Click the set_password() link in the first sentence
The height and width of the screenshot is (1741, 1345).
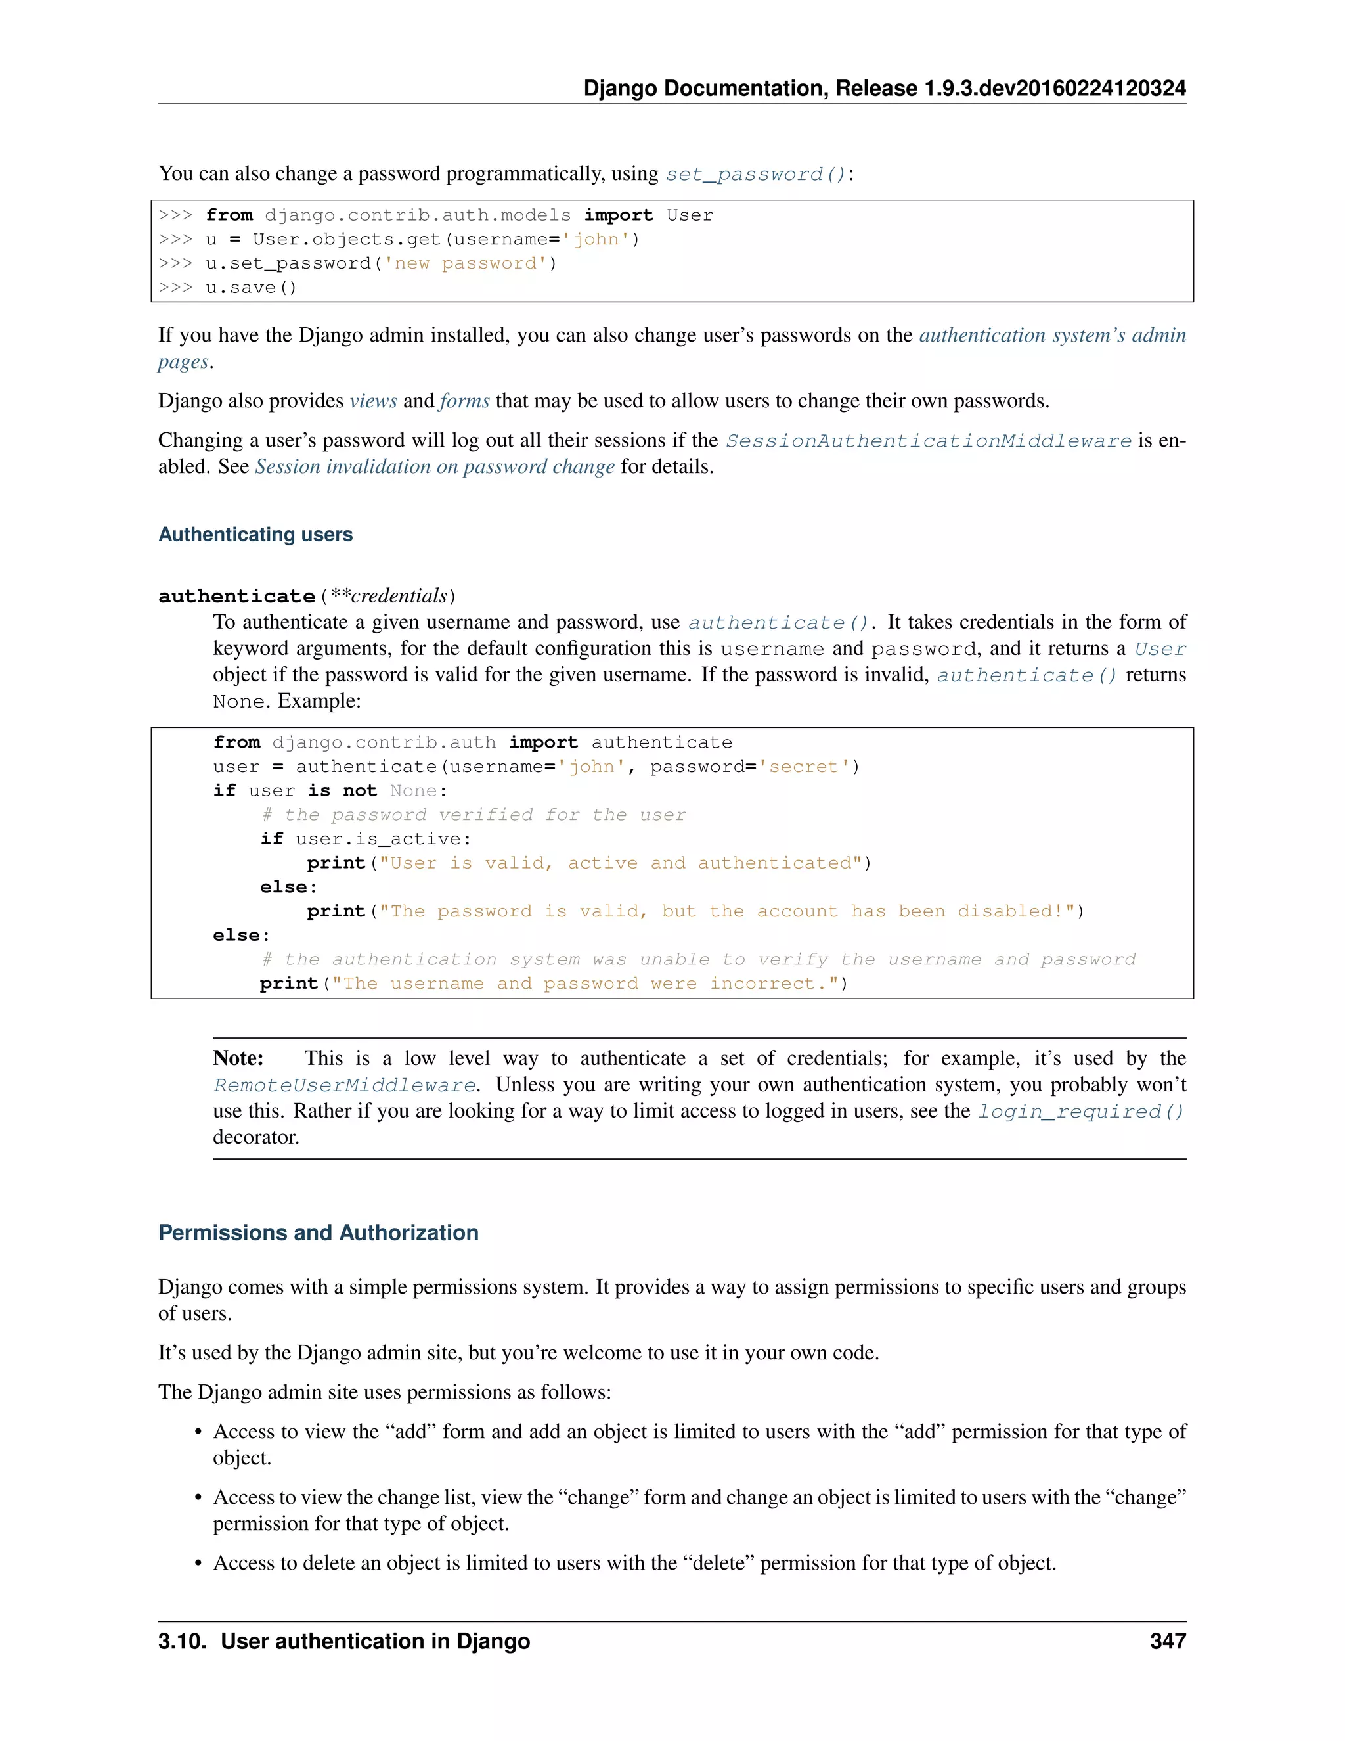(x=755, y=175)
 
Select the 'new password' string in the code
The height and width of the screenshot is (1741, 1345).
(x=466, y=264)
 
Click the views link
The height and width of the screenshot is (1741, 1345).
(x=373, y=401)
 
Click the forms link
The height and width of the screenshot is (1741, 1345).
(x=464, y=401)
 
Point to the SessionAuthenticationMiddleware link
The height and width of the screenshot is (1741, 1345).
(x=928, y=441)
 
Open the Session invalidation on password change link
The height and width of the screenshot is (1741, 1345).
(x=434, y=467)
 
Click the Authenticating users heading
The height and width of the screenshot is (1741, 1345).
(x=255, y=535)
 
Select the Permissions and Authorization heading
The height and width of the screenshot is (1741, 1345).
(x=318, y=1233)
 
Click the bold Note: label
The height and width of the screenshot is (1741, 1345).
(x=238, y=1058)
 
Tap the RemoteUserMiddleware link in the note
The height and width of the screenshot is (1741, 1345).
(x=344, y=1086)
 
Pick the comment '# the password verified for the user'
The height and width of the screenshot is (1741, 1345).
(x=474, y=815)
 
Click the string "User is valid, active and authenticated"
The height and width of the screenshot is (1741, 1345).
(x=621, y=863)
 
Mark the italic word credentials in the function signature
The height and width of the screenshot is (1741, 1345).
(x=399, y=597)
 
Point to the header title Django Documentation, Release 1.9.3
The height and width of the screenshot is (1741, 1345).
(x=885, y=89)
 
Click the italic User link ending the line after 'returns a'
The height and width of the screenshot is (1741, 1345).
(x=1160, y=650)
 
